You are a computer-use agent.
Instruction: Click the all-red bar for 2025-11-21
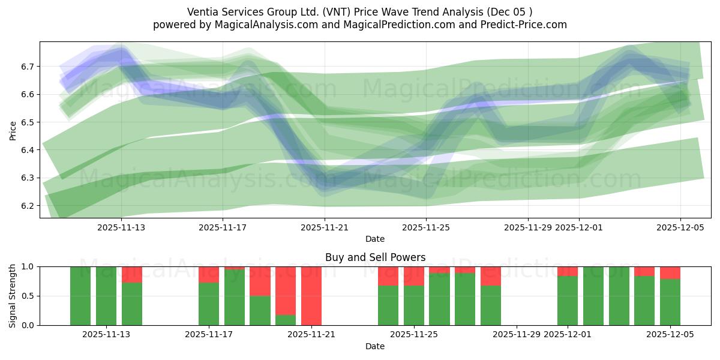[x=311, y=296]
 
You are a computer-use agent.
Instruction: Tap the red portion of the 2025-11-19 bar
[x=260, y=281]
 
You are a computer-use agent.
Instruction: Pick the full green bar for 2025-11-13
[x=106, y=296]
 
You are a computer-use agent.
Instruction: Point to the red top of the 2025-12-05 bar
[x=670, y=272]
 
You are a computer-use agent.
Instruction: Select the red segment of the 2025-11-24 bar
[x=388, y=276]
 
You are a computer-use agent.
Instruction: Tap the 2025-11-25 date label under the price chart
[x=426, y=227]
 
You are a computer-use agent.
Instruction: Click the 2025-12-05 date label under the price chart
[x=680, y=227]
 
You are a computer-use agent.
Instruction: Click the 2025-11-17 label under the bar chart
[x=209, y=335]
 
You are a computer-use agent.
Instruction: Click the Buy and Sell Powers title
[x=375, y=257]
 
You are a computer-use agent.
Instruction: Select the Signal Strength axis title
[x=13, y=296]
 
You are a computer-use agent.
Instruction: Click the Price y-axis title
[x=13, y=130]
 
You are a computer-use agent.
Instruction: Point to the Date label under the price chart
[x=375, y=239]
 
